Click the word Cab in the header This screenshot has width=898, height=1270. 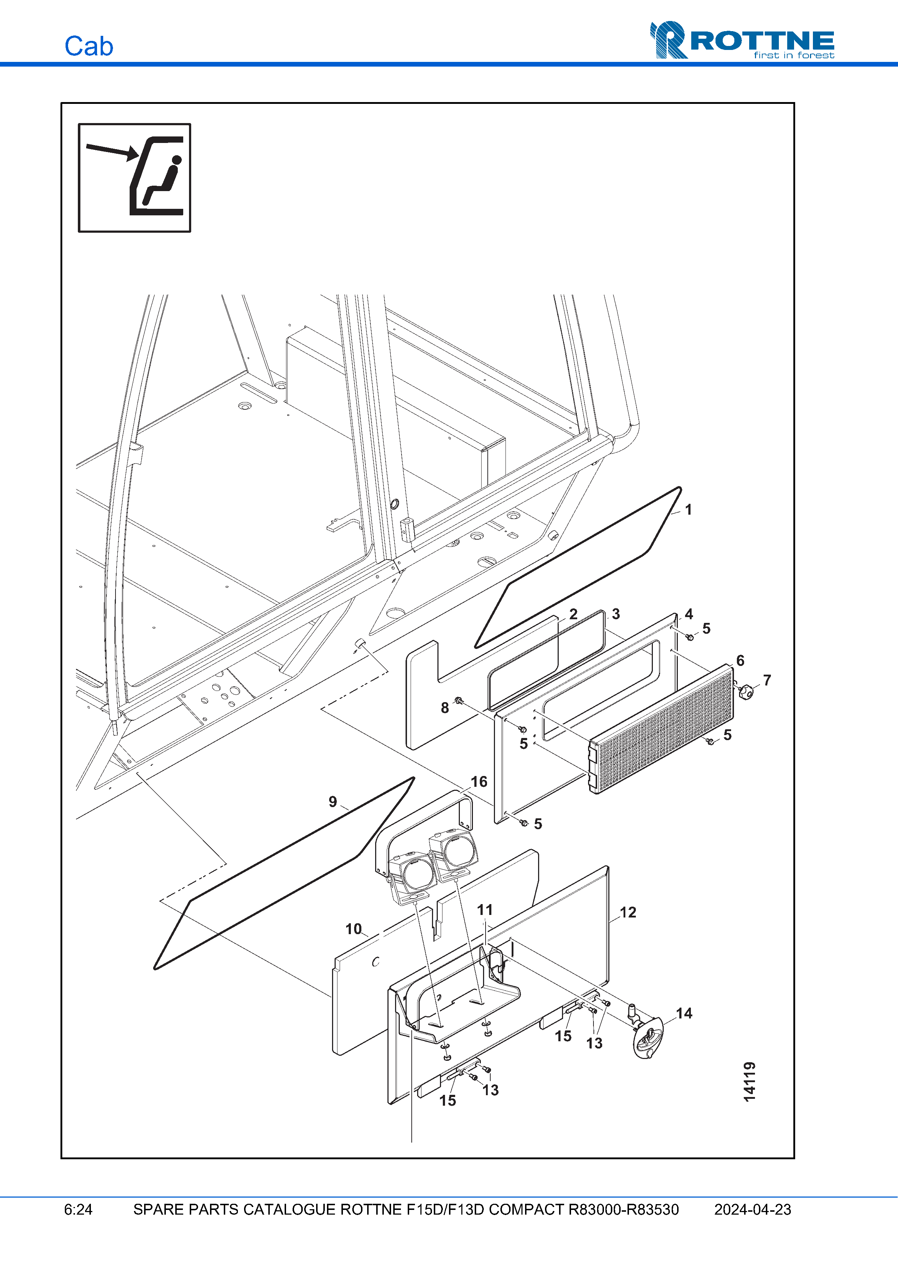tap(88, 46)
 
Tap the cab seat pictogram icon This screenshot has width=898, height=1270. tap(134, 178)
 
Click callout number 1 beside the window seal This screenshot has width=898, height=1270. tap(688, 510)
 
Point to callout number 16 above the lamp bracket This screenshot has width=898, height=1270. tap(479, 782)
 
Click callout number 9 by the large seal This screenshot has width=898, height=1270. tap(332, 802)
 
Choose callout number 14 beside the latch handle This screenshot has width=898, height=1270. tap(684, 1013)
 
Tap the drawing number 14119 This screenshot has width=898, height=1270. tap(749, 1081)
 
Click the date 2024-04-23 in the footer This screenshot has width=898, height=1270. tap(752, 1210)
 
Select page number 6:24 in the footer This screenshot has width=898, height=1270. tap(78, 1210)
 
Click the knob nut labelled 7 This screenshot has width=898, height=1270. tap(747, 691)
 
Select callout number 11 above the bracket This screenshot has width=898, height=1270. tap(485, 910)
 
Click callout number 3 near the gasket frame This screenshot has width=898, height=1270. tap(616, 614)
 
